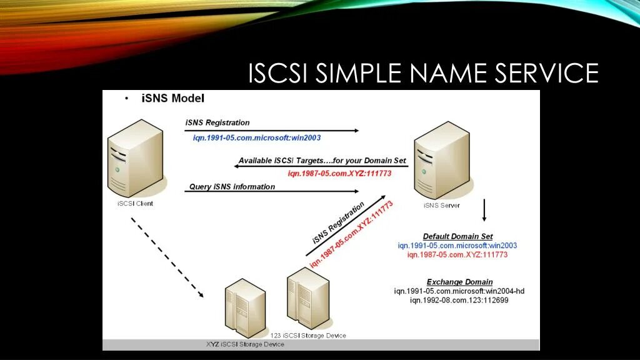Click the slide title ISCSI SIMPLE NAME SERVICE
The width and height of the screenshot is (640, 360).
pyautogui.click(x=423, y=73)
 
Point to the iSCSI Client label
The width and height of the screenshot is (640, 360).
pyautogui.click(x=135, y=203)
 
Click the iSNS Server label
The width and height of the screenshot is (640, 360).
pyautogui.click(x=442, y=205)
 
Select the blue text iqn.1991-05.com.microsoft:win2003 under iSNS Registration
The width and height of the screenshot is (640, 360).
pyautogui.click(x=257, y=137)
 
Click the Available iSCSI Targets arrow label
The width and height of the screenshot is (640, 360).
pyautogui.click(x=322, y=161)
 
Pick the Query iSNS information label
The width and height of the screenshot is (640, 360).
pyautogui.click(x=232, y=186)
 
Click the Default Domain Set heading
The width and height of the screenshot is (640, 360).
pyautogui.click(x=457, y=236)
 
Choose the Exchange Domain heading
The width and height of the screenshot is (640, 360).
pyautogui.click(x=459, y=282)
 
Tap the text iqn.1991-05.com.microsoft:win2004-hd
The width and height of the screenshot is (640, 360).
pyautogui.click(x=459, y=291)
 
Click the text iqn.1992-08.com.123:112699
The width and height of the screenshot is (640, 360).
pyautogui.click(x=459, y=301)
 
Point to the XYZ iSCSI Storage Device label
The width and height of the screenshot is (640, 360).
pyautogui.click(x=244, y=344)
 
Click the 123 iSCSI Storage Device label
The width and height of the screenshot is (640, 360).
pyautogui.click(x=308, y=336)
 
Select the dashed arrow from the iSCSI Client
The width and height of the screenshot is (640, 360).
pyautogui.click(x=167, y=257)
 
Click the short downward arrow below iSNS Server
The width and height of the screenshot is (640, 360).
pyautogui.click(x=484, y=211)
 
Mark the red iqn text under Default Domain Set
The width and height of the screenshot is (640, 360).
pyautogui.click(x=457, y=255)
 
